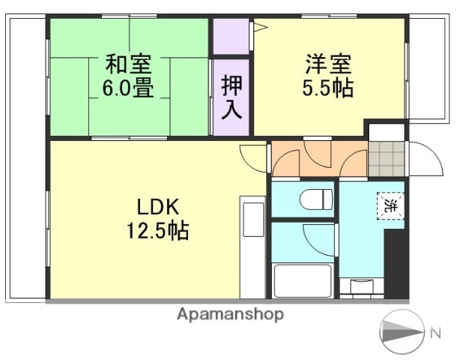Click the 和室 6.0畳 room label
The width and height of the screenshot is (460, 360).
(128, 75)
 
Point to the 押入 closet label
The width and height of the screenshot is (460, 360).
(231, 97)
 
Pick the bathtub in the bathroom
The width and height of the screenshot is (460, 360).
(302, 280)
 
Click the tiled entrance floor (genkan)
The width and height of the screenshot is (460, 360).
(384, 159)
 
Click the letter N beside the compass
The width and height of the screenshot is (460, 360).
(436, 332)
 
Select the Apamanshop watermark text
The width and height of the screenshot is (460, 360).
(230, 315)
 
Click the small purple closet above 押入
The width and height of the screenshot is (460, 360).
(230, 35)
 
